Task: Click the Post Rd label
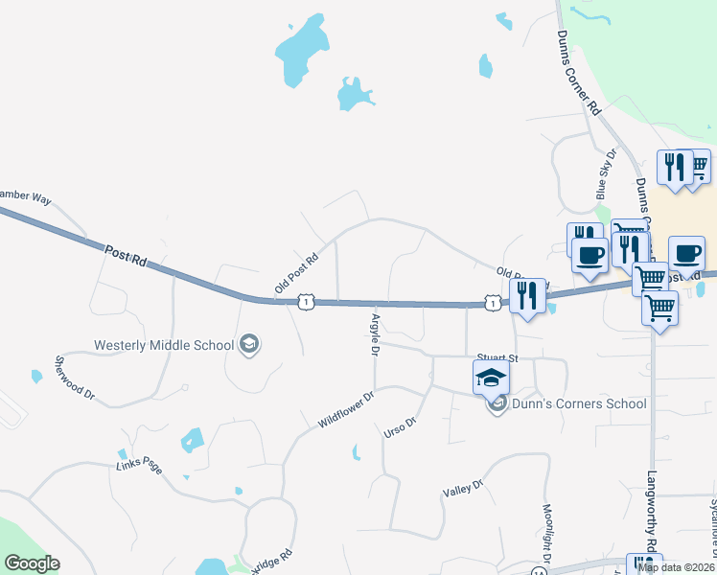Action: pos(126,256)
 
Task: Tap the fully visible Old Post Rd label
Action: pos(295,274)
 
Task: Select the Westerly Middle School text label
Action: pos(164,345)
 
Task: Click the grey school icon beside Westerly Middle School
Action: pos(249,345)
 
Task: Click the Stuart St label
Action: pos(497,358)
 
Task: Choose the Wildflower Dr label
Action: pos(345,408)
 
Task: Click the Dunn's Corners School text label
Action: pos(580,403)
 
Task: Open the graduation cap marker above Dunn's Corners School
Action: pos(491,377)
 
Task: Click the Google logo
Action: pos(32,563)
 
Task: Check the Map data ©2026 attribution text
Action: pos(675,567)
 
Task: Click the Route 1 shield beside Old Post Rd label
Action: pos(305,302)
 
